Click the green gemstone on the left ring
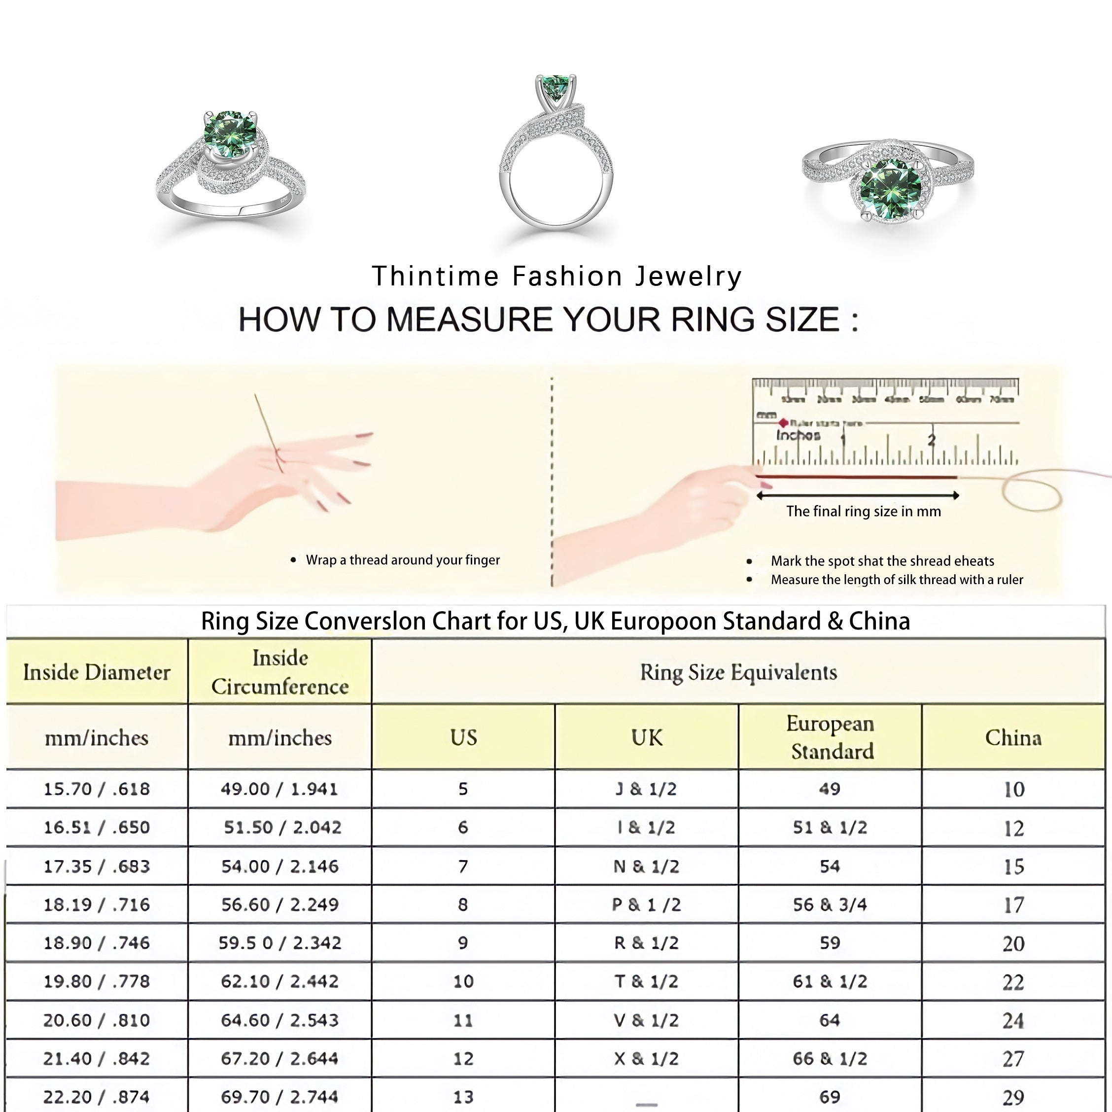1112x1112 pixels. coord(229,134)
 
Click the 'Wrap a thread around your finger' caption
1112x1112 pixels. coord(402,560)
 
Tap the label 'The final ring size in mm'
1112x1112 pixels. coord(864,511)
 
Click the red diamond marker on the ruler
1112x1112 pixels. coord(783,423)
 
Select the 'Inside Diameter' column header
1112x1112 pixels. coord(97,672)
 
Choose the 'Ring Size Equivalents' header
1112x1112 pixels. coord(738,672)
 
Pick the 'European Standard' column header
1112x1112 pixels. coord(830,737)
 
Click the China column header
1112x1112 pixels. coord(1013,737)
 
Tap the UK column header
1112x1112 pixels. coord(646,737)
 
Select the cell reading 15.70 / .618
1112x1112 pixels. coord(97,789)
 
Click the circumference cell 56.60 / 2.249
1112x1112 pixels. coord(280,904)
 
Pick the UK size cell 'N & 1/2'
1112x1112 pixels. coord(646,866)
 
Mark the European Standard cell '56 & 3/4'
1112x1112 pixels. coord(830,904)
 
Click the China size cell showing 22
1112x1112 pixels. coord(1013,982)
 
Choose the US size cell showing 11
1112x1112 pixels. coord(463,1020)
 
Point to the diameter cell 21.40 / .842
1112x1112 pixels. coord(97,1058)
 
